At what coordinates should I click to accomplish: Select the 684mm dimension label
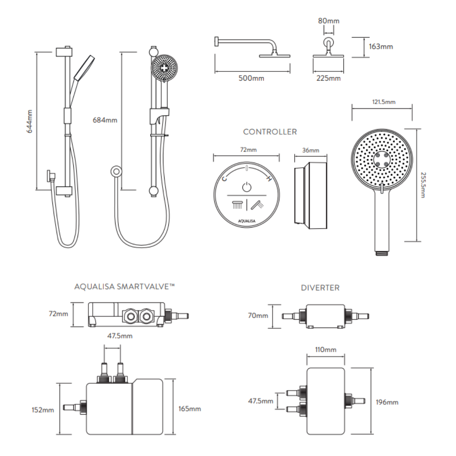point(105,120)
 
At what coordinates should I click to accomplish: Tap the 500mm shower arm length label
point(251,78)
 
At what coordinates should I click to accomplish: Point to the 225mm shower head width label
point(328,78)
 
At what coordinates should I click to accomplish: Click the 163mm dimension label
point(381,47)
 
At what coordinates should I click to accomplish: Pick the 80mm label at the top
point(328,21)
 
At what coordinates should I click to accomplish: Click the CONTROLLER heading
point(270,132)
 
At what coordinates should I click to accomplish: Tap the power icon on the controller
point(247,187)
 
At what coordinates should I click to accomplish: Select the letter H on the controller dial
point(269,179)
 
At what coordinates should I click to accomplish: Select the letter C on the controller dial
point(225,179)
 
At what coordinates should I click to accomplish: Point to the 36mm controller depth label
point(310,150)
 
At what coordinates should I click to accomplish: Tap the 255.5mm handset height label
point(423,185)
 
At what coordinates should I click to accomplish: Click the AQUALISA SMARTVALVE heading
point(124,287)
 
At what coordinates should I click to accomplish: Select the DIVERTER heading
point(320,288)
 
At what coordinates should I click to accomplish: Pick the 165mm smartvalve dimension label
point(189,409)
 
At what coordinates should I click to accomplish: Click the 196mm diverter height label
point(387,402)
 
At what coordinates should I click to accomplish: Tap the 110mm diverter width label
point(326,350)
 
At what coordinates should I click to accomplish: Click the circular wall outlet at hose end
point(116,172)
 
